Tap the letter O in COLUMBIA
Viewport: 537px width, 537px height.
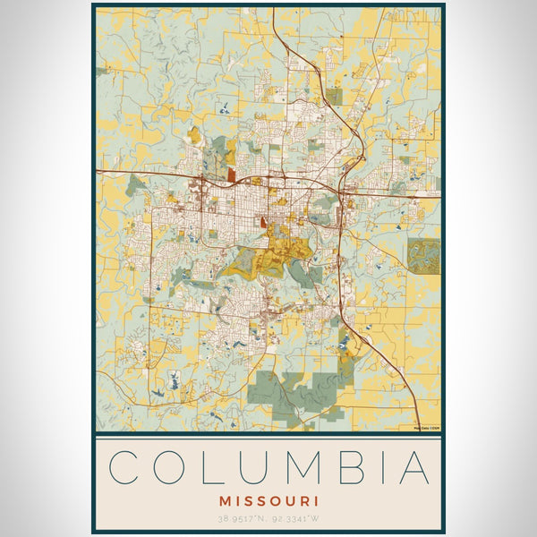click(x=174, y=468)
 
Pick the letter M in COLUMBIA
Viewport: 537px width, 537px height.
click(x=301, y=468)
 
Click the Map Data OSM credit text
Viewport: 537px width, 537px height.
click(x=427, y=426)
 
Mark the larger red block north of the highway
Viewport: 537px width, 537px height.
click(x=233, y=175)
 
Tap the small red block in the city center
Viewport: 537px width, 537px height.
click(x=262, y=219)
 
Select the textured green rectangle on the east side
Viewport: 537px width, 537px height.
click(x=424, y=255)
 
